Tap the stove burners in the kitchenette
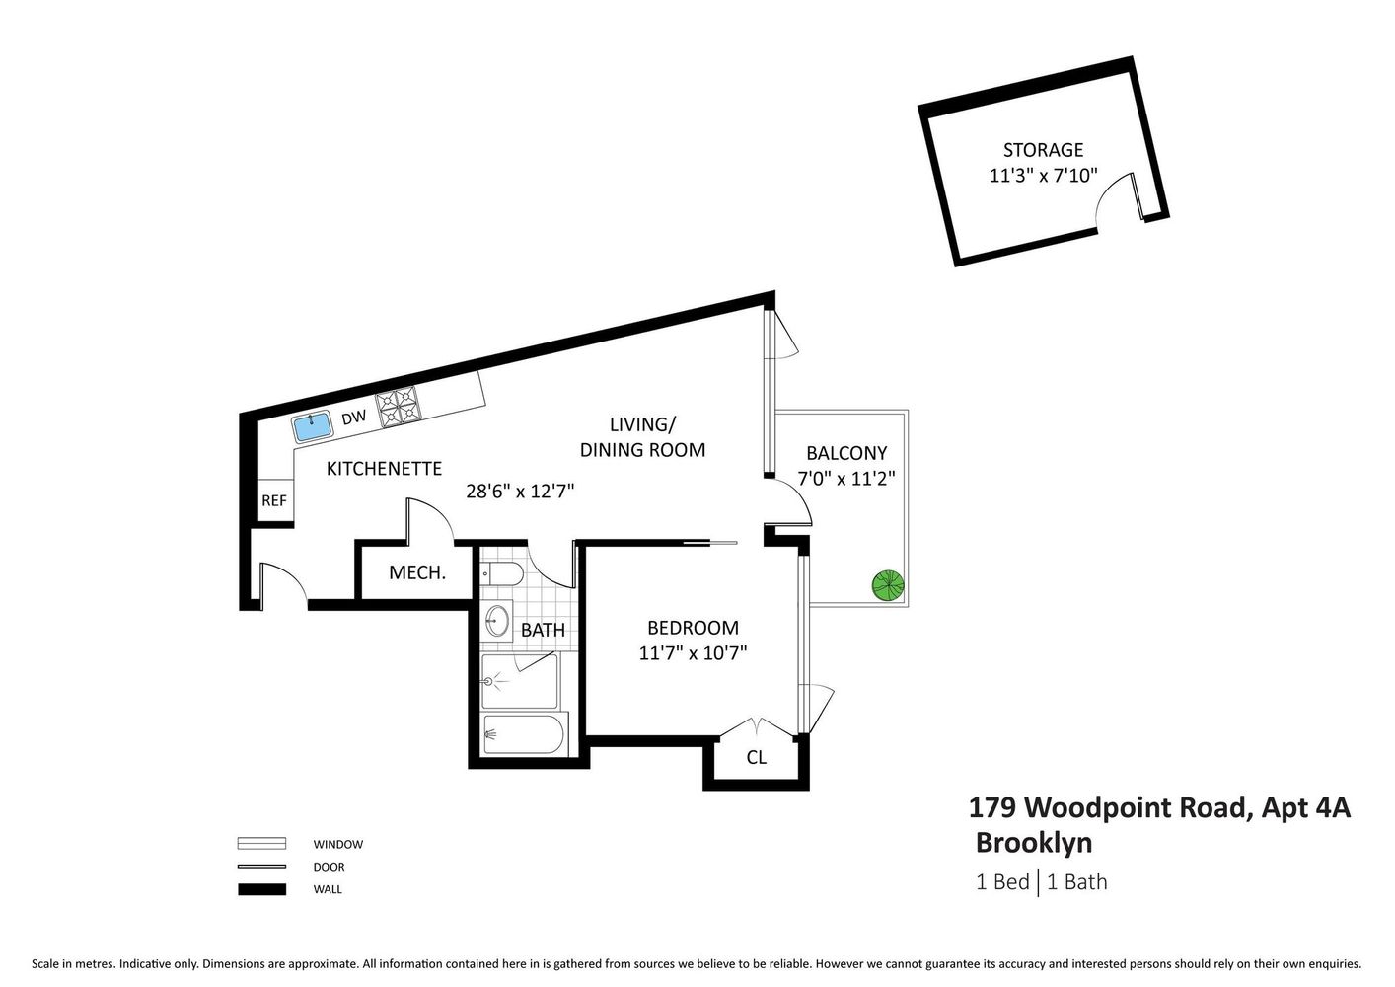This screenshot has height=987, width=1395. (399, 407)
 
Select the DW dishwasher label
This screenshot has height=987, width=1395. (353, 418)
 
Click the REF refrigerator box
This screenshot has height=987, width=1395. (274, 500)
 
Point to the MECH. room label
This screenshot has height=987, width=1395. (416, 572)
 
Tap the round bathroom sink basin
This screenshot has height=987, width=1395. (498, 621)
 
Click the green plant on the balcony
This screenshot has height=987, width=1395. (888, 585)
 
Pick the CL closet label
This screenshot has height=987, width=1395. (756, 758)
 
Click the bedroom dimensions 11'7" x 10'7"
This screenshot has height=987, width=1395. (693, 652)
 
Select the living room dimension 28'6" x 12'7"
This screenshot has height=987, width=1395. (520, 491)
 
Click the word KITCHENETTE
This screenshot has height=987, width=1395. (384, 468)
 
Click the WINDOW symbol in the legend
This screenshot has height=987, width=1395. (261, 844)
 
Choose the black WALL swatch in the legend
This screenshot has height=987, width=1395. (261, 889)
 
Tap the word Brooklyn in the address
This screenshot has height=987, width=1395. (1033, 843)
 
